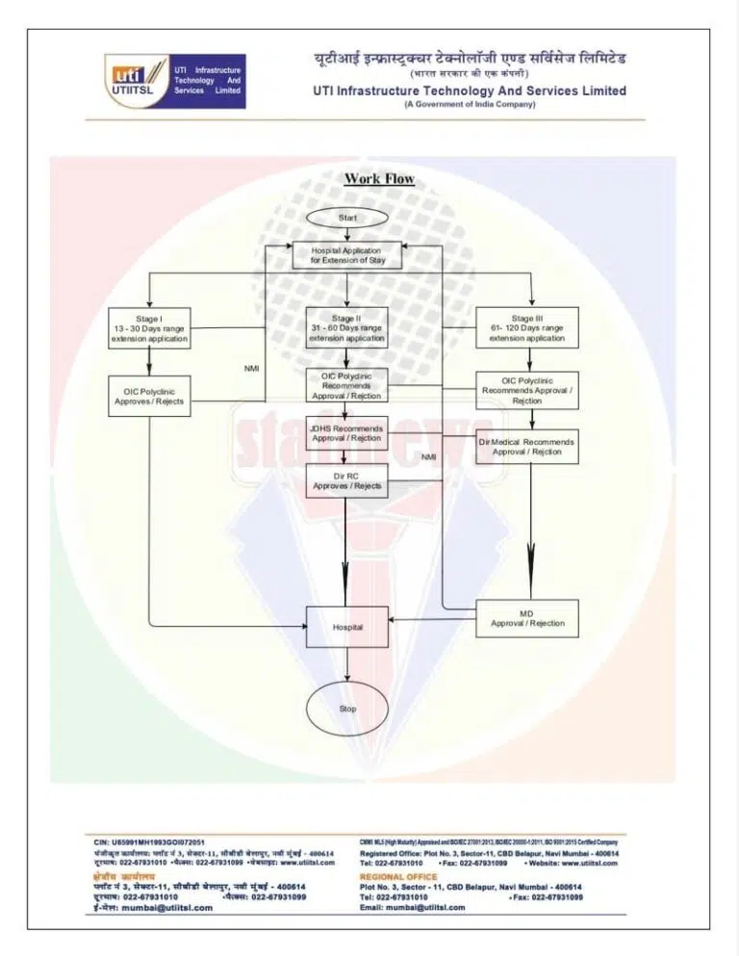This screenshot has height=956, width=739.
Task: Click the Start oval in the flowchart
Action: point(347,218)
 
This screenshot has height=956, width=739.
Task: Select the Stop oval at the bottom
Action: point(347,709)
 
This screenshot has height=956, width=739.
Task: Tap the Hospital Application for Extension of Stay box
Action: point(345,255)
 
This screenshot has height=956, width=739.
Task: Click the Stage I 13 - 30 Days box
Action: point(149,328)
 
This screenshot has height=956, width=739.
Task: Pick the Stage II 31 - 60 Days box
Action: point(345,327)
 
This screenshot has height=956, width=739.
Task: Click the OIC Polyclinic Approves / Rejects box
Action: point(149,397)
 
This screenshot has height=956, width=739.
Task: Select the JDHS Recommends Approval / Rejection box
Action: point(345,433)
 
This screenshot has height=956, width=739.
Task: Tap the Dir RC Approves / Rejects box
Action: point(345,480)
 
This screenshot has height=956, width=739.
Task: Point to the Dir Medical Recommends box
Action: point(526,447)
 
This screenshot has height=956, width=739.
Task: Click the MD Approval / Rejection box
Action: point(526,618)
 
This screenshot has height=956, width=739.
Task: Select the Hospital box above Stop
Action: point(347,627)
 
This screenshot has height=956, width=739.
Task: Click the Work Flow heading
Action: point(379,178)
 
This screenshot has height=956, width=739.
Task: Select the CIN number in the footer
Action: point(154,842)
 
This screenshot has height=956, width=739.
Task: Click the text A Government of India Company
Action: point(469,104)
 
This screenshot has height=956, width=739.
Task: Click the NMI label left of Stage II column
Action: point(251,369)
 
